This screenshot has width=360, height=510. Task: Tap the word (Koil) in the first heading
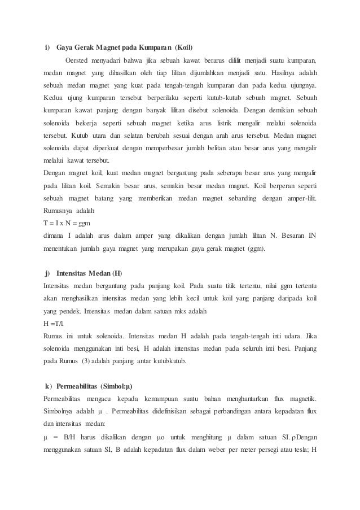187,46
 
